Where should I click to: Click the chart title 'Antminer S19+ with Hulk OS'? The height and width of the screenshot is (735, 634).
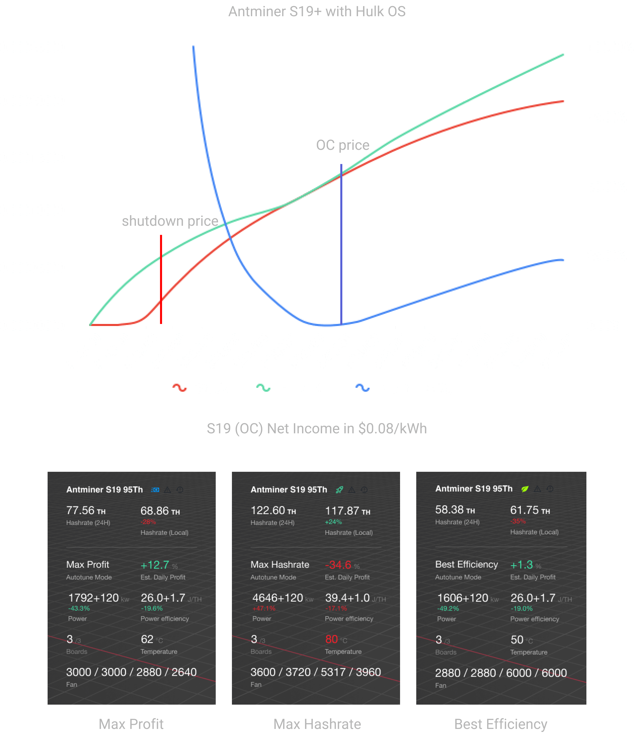317,12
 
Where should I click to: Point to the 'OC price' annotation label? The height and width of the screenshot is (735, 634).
343,145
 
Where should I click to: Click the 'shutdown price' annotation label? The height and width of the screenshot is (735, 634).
170,221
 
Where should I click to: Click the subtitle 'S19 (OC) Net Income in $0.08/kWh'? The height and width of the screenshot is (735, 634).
317,428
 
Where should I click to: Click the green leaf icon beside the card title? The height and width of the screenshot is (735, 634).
525,489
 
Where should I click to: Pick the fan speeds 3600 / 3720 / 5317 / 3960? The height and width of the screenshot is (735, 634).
315,672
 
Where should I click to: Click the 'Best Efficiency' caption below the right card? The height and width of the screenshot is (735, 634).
501,724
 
